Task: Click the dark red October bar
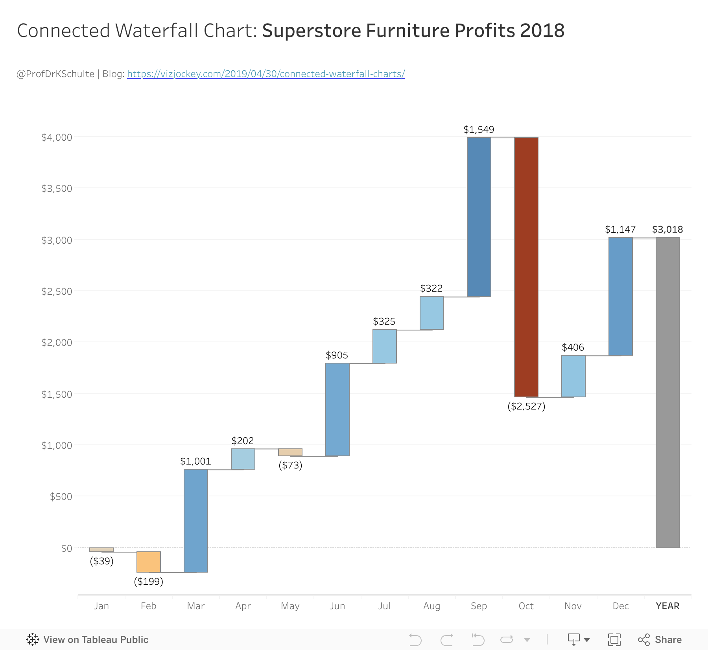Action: pos(526,267)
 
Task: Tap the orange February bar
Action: pos(149,562)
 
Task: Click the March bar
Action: pos(196,521)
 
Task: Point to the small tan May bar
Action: pos(290,452)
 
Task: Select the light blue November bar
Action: pos(573,376)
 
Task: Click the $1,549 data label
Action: pos(479,130)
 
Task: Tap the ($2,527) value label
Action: pos(526,406)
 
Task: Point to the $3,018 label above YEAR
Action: pos(667,230)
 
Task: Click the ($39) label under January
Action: pos(101,561)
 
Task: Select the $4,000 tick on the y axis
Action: pos(57,138)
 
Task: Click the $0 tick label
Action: pos(67,548)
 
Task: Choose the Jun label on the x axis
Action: pos(337,606)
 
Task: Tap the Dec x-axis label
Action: pos(621,606)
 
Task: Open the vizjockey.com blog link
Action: pos(266,74)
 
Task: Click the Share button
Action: pos(660,640)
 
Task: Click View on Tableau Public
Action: pos(87,640)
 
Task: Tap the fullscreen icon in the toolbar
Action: pos(614,640)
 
